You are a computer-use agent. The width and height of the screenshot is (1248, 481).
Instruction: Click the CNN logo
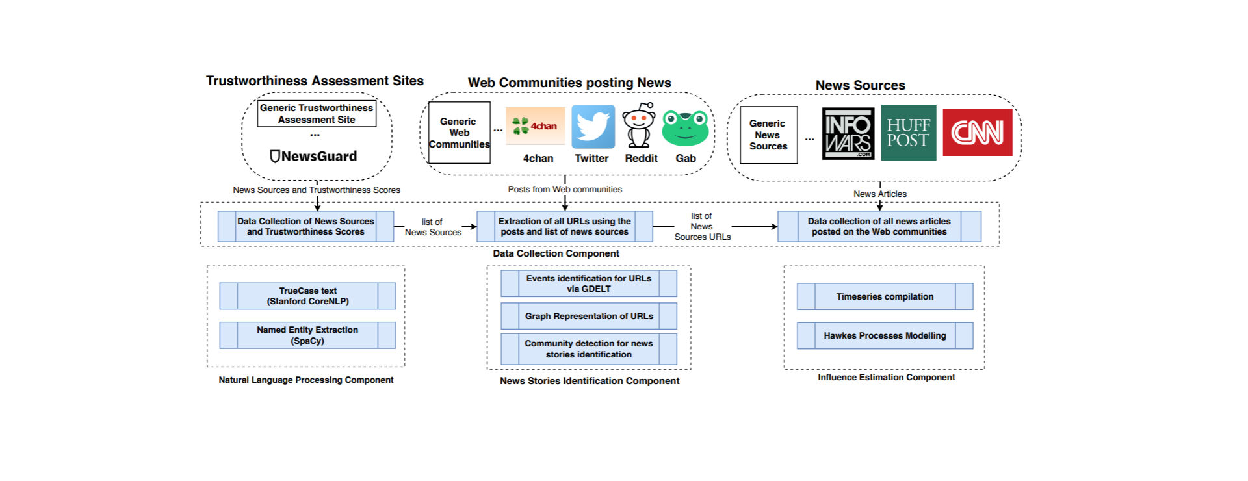[977, 133]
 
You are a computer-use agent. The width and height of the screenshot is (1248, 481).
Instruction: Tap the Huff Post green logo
[908, 133]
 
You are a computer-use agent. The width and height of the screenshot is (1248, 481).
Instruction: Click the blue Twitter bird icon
[593, 127]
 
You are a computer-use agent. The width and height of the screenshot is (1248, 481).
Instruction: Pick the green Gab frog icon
[685, 128]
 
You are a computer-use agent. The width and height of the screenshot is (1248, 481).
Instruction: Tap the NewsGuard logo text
[314, 157]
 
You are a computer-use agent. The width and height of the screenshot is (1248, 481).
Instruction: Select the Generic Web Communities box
[459, 133]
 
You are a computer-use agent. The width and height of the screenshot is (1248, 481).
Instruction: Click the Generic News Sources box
[768, 135]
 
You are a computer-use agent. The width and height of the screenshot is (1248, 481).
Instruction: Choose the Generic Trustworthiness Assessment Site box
[317, 114]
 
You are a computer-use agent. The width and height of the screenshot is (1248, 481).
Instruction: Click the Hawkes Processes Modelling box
[885, 335]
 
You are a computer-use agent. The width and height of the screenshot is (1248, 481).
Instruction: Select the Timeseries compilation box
[885, 296]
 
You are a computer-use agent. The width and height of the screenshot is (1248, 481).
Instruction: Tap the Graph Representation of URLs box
[589, 316]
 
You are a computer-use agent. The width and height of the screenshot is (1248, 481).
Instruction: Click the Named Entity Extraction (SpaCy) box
[307, 335]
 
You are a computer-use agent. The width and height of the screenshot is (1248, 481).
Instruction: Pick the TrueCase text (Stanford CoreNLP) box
[307, 296]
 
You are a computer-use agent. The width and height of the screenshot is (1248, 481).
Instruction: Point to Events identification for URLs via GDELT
[589, 283]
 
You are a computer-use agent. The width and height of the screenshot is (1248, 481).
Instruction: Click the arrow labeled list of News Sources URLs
[753, 227]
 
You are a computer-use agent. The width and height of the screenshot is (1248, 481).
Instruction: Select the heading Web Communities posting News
[569, 83]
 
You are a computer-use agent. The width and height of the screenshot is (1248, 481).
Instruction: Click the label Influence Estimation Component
[886, 377]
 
